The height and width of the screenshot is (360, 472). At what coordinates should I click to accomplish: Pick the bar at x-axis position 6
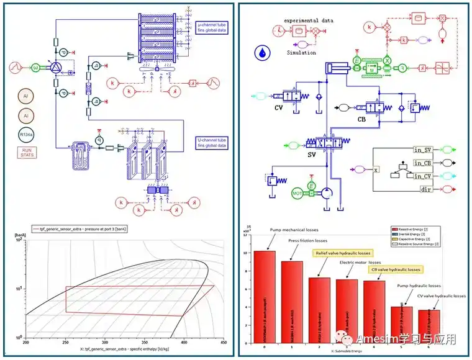tap(428, 326)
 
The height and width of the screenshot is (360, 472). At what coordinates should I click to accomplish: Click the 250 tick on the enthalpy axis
tap(65, 342)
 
